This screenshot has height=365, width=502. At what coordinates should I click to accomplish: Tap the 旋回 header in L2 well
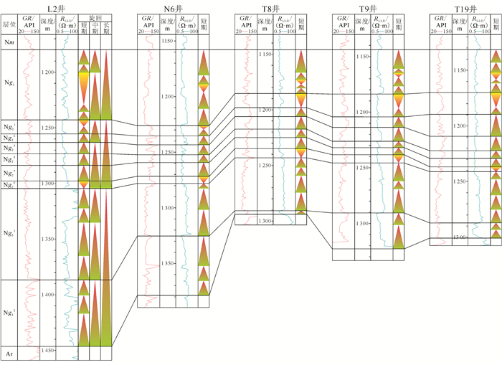95,16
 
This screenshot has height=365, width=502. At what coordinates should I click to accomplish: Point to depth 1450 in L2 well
48,350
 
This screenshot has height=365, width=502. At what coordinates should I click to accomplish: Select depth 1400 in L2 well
48,295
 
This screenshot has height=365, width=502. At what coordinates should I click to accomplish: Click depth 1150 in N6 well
169,42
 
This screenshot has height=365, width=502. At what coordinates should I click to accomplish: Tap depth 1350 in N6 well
169,263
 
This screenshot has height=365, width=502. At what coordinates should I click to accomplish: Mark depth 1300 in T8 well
265,221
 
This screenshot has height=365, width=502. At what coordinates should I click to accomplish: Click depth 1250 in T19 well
459,181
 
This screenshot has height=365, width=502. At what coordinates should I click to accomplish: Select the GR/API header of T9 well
347,24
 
